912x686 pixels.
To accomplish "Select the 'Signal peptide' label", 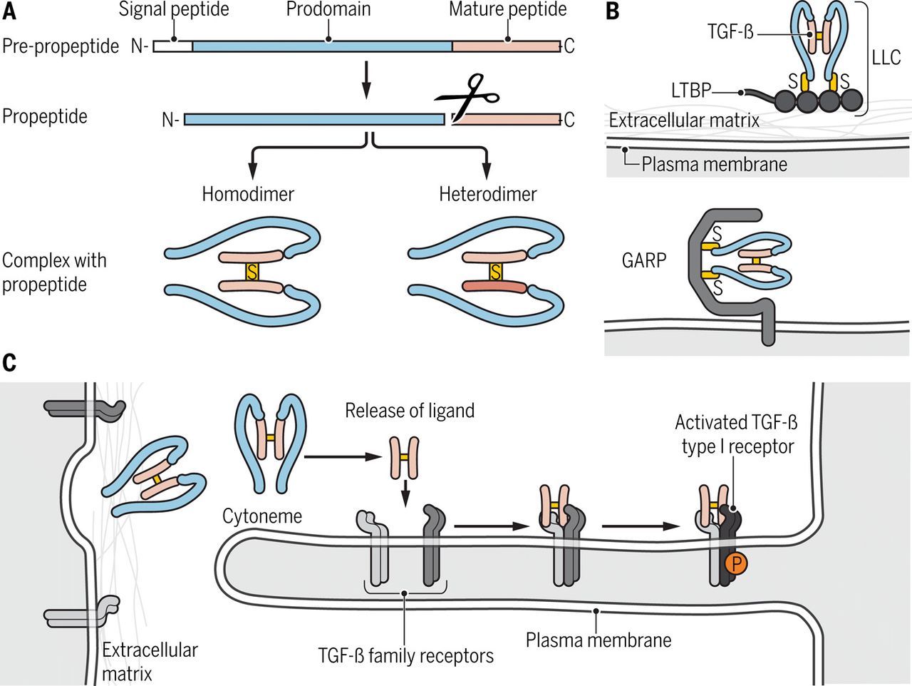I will coord(174,10).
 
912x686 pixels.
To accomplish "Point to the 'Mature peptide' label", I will coord(507,10).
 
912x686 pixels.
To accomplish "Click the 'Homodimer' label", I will coord(248,194).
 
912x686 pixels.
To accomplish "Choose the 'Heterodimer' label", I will coord(488,194).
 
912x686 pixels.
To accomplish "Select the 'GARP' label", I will coord(643,260).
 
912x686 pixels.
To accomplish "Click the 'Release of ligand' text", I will coord(410,411).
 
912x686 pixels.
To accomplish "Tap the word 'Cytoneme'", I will coord(262,516).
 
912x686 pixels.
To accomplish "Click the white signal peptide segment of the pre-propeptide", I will coord(172,46).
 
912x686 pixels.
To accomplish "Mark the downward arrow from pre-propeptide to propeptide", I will coord(366,80).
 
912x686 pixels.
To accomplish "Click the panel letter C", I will coord(9,362).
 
